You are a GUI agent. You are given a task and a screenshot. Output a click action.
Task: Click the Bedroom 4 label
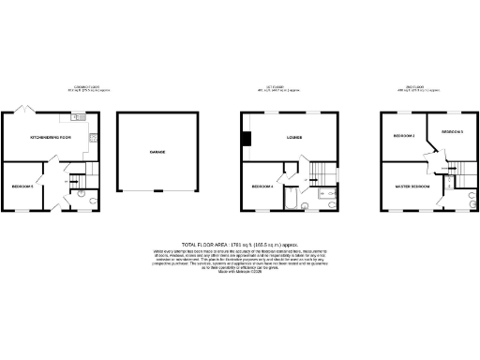263,187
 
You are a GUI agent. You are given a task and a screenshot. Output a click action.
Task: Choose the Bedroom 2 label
404,137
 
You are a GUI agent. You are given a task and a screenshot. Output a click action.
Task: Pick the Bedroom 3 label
453,132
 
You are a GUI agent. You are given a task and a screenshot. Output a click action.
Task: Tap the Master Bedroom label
413,187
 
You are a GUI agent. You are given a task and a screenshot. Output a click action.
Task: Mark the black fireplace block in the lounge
246,140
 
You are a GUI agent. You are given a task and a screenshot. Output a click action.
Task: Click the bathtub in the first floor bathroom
291,201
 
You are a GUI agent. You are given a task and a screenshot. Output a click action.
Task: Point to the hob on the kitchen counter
95,139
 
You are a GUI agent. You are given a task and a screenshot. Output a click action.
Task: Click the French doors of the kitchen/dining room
24,111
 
